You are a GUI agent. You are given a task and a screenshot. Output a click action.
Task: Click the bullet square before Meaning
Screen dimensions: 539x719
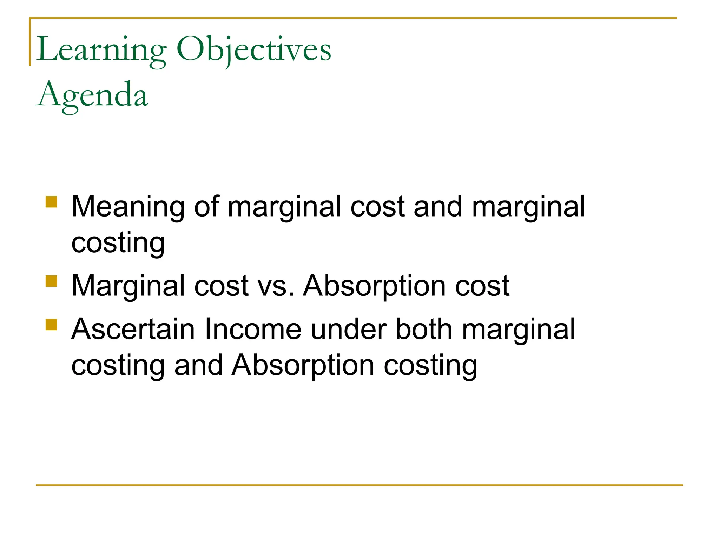coord(51,202)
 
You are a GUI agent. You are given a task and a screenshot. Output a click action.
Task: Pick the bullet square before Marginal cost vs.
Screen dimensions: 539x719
coord(51,281)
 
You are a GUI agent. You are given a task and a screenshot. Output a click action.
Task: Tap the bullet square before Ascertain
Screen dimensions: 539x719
coord(51,325)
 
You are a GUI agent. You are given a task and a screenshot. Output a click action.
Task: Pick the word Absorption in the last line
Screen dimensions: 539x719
coord(303,366)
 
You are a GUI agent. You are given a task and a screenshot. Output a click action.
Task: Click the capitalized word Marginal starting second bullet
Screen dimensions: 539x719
coord(128,286)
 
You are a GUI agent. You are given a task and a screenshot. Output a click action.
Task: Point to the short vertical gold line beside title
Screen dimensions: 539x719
coord(30,42)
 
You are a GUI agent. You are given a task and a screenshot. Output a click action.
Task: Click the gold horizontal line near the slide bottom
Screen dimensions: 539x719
coord(359,485)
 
